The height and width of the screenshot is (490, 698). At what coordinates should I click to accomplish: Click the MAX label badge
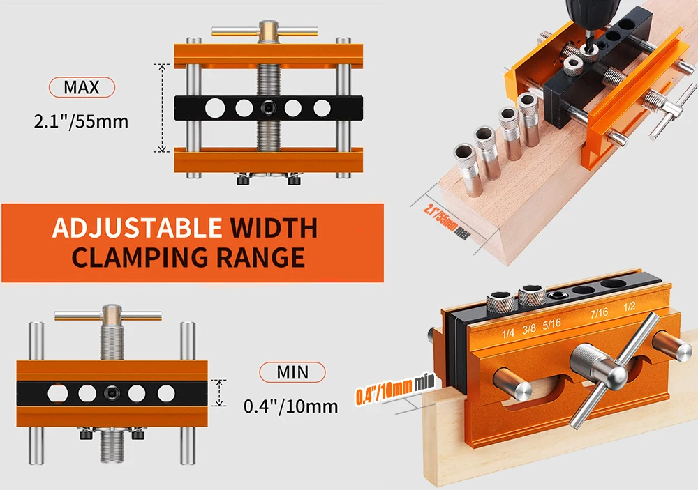point(82,87)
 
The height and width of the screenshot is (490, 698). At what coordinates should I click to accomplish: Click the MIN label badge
point(292,372)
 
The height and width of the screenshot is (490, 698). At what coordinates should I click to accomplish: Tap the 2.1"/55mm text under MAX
point(81,121)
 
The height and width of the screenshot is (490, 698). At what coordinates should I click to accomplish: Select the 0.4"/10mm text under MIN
point(290,406)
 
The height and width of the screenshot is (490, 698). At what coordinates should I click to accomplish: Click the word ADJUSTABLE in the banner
point(137,228)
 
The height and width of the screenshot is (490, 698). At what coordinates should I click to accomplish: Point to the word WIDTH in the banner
point(274,228)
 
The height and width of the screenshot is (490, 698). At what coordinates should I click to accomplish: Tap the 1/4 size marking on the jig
point(508,333)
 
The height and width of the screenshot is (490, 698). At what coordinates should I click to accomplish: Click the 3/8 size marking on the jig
point(529,329)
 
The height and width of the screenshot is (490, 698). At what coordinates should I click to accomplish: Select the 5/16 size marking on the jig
point(551,324)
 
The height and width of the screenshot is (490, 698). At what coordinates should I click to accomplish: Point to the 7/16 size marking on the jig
point(599,314)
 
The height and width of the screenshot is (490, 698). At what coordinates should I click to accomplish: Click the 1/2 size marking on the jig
point(629,307)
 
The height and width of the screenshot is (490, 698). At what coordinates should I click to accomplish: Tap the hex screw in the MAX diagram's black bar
point(268,107)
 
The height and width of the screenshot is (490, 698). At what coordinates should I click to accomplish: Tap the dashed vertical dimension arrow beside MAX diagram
point(162,107)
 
